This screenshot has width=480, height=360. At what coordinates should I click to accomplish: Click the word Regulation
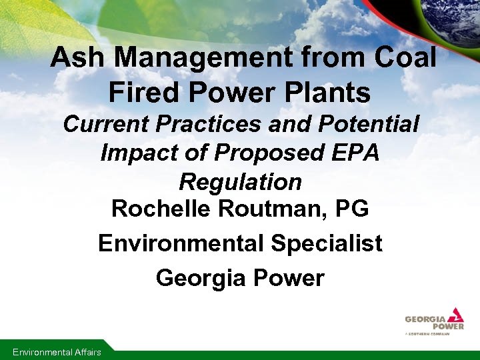(x=240, y=182)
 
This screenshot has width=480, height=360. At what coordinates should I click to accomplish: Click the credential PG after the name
(x=352, y=209)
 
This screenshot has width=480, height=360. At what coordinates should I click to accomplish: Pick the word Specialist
(x=327, y=243)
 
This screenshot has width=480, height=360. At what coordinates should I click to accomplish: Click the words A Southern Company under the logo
(x=427, y=333)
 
